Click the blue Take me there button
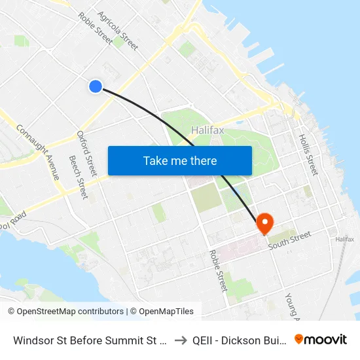tap(179, 160)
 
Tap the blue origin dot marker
tap(96, 86)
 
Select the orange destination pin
tap(265, 224)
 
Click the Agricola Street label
tap(117, 30)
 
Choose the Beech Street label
tap(78, 177)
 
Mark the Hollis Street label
tap(308, 154)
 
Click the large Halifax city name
tap(207, 130)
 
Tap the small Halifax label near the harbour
tap(344, 240)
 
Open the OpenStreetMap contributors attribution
tap(65, 312)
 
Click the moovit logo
tap(320, 339)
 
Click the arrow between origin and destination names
tap(181, 340)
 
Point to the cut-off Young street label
tap(291, 306)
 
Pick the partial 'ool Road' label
tap(13, 217)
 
